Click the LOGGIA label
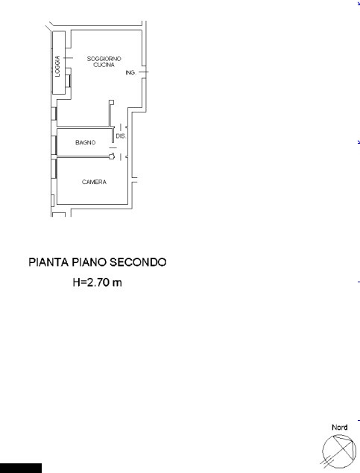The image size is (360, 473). pos(57,66)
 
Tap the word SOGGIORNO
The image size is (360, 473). pos(104,59)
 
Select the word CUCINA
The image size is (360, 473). pos(104,65)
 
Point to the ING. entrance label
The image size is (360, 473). pos(130,73)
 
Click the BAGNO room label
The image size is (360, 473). pos(86,142)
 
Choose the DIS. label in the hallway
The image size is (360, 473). pos(121,136)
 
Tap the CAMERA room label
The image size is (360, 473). pos(94,182)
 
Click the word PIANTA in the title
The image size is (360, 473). pos(48,262)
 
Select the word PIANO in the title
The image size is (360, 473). pos(89,262)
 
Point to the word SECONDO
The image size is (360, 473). pos(138,262)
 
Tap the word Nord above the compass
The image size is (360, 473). pos(339,427)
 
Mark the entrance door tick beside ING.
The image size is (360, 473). pos(144,72)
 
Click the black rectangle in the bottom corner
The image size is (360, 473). pos(21,468)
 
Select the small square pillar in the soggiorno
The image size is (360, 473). pos(112,102)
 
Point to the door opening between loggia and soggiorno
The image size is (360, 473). pos(68,58)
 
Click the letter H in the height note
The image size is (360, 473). pos(77,282)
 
